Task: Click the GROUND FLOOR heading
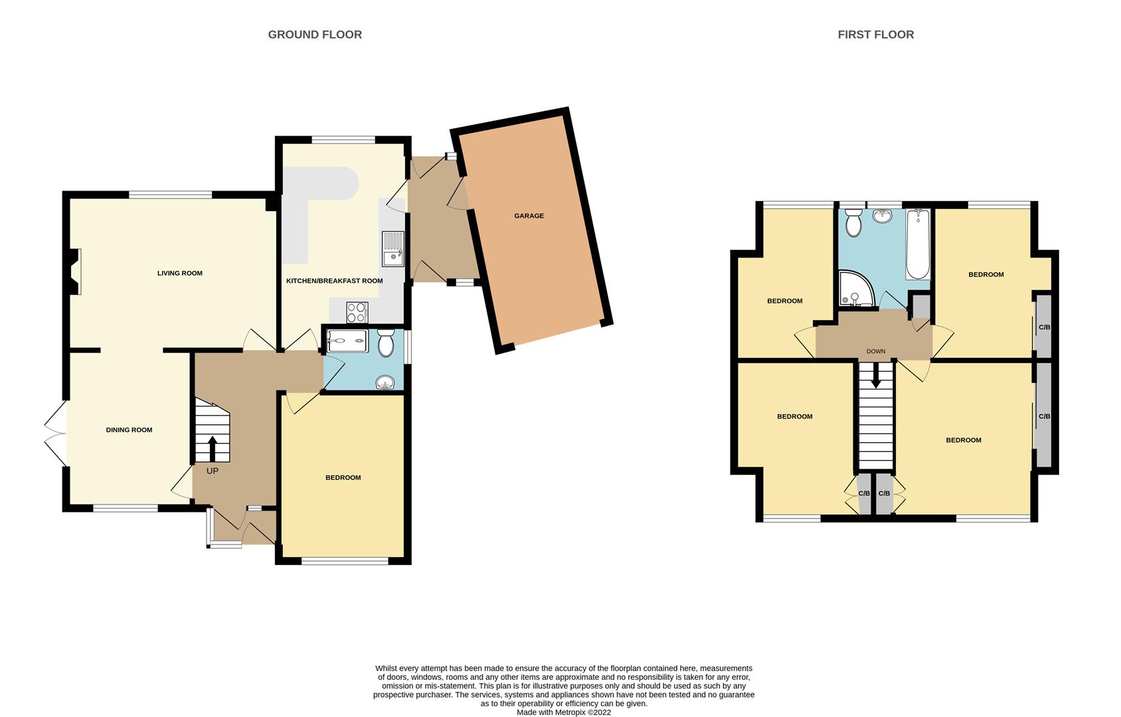tap(315, 35)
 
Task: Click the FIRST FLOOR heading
tap(875, 35)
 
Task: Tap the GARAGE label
tap(529, 216)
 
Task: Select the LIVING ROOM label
tap(179, 273)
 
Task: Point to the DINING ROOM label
tap(129, 430)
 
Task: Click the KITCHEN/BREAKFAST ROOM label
tap(334, 281)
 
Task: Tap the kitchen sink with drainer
tap(393, 248)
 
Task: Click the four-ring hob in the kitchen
tap(357, 312)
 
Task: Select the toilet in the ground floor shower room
tap(385, 345)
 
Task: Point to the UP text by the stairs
tap(212, 471)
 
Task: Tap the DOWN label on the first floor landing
tap(875, 351)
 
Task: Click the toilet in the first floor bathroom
tap(853, 222)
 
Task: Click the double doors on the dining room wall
tap(56, 433)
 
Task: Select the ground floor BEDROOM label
tap(343, 477)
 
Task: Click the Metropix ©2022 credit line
tap(564, 712)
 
